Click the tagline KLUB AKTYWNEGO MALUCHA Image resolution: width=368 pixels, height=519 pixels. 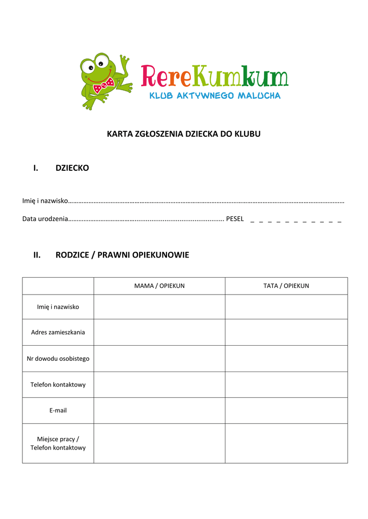coord(214,95)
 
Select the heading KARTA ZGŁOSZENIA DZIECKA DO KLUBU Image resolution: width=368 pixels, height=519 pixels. coord(183,134)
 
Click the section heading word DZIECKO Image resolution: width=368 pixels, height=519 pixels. coord(72,168)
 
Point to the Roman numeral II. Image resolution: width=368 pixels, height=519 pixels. coord(37,255)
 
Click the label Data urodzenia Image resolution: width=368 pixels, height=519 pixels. coord(45,219)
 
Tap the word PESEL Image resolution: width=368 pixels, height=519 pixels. coord(235,219)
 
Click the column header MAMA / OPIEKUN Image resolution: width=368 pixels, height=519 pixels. coord(159,286)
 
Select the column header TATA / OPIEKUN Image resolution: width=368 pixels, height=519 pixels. coord(286,286)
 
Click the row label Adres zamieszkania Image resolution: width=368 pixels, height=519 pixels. coord(58,332)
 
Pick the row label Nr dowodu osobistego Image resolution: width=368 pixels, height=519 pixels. coord(58,358)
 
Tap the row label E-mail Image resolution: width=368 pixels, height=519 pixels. coord(58,410)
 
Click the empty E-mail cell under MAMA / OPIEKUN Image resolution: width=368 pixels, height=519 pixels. coord(159,410)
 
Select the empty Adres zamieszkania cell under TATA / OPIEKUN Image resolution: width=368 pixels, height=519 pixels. coord(286,332)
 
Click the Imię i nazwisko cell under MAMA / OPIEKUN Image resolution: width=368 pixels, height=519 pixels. coord(159,307)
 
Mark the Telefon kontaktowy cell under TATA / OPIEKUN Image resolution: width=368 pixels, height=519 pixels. coord(286,384)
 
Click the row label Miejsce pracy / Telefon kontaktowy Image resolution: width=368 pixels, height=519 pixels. coord(58,443)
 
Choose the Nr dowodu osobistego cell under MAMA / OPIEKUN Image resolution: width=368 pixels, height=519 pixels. coord(159,358)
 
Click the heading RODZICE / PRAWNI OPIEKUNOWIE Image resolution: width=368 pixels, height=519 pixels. coord(122,255)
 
